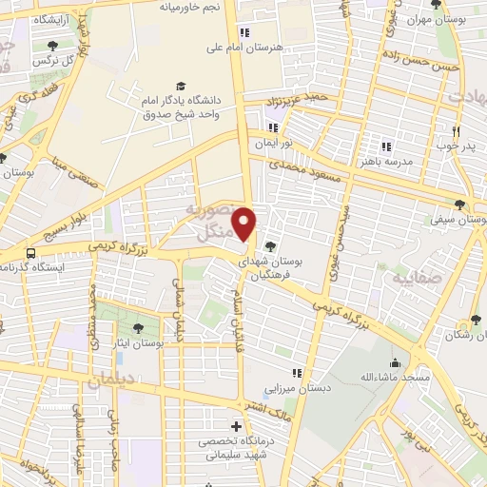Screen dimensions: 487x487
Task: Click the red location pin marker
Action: pos(245,224)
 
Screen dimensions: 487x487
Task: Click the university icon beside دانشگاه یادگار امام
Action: pos(180,86)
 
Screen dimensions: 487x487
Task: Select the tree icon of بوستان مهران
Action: pos(436,5)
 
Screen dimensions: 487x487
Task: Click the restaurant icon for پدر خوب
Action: pos(456,131)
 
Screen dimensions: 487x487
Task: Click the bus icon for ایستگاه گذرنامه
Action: pos(31,253)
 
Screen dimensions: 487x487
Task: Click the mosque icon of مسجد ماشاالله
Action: pos(395,362)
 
